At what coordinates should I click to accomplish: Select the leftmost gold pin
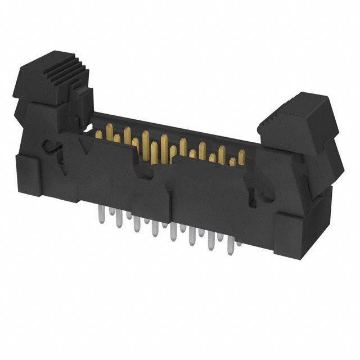(x=99, y=134)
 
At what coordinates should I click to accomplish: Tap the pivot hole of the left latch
(x=51, y=149)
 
